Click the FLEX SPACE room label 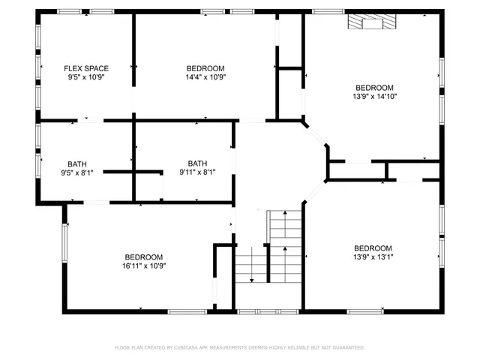tap(86, 68)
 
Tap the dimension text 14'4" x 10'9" tap(205, 76)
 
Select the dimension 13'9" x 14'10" tap(373, 96)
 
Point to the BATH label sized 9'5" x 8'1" tap(76, 163)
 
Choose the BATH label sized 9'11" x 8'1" tap(197, 163)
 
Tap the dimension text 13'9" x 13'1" tap(373, 257)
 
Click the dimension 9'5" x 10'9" tap(86, 76)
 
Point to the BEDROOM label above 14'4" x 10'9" tap(205, 68)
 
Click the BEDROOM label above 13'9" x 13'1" tap(373, 249)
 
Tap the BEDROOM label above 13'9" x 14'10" tap(373, 88)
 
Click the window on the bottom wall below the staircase tap(259, 310)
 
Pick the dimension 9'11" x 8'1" tap(197, 172)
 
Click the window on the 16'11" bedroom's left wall tap(65, 241)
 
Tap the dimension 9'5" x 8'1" tap(76, 172)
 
